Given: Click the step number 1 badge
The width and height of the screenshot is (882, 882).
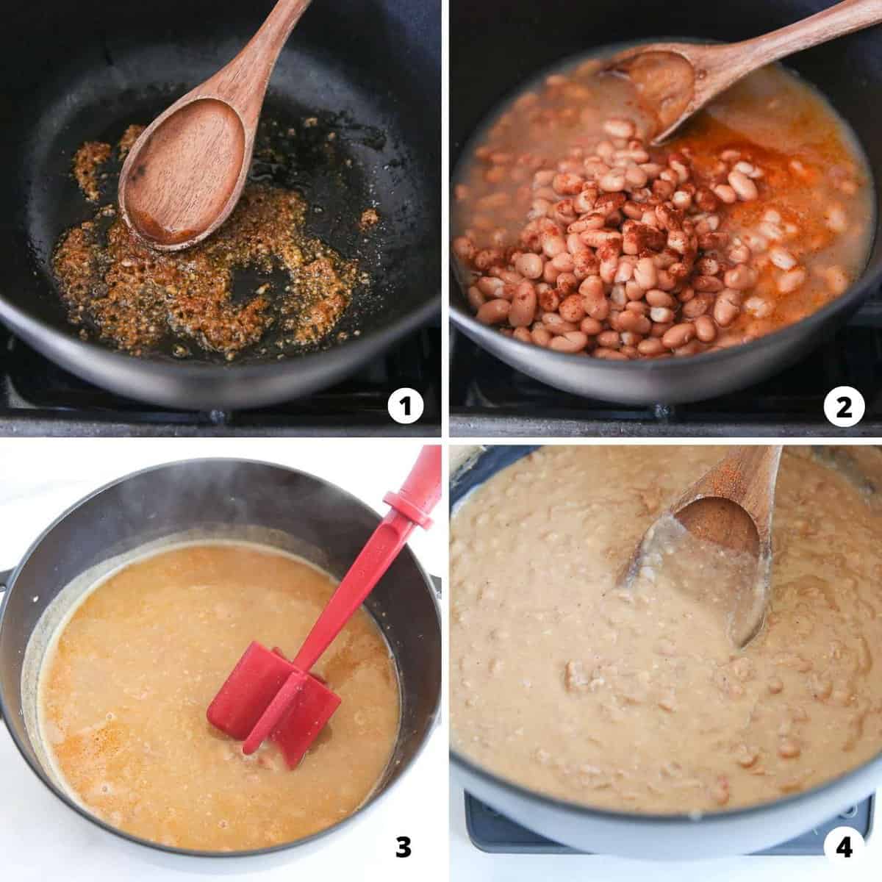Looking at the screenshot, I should tap(406, 406).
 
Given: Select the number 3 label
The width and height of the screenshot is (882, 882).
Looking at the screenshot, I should tap(404, 847).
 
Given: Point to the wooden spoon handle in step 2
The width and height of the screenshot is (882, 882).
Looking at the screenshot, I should tap(779, 37).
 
